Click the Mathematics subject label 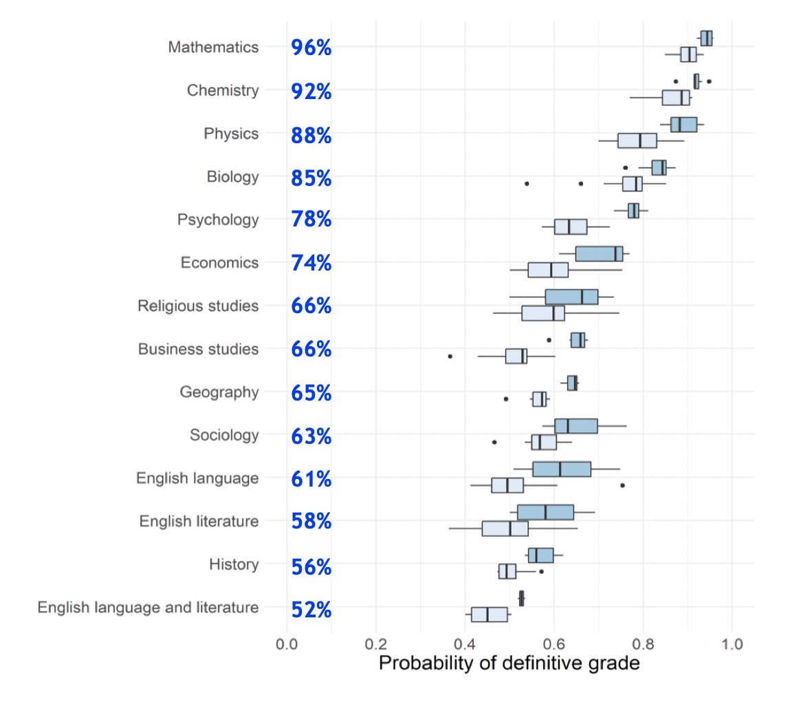213,47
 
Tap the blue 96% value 311,47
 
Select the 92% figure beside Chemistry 311,91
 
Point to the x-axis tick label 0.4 465,644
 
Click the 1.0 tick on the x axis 732,644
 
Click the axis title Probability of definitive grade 509,663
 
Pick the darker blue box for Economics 599,253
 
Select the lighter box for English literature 505,529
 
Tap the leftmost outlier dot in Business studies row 450,356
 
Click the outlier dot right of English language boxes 622,485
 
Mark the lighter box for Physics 637,140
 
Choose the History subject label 234,565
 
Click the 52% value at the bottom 311,610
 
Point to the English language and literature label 148,608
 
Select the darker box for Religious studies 571,297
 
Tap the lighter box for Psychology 570,226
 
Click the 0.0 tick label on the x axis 287,644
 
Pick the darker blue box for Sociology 576,426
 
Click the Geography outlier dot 505,398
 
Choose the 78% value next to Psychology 311,220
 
